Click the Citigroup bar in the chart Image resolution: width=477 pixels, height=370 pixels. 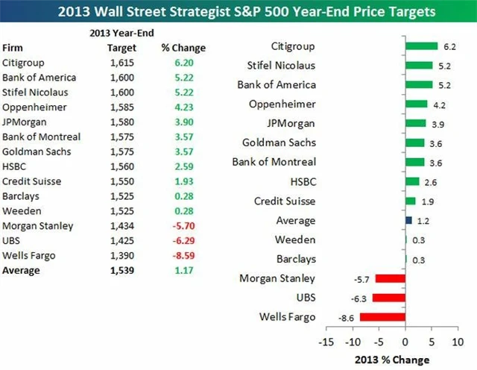coord(422,46)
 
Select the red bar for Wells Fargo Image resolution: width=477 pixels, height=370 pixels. coord(382,317)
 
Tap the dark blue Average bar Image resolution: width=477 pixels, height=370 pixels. coord(408,220)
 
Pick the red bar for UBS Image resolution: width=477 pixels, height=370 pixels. coord(388,298)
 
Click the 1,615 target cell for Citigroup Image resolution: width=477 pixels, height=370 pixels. coord(117,63)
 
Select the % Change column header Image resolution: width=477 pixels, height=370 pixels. coord(183,48)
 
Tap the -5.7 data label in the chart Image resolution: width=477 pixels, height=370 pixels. coord(363,278)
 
